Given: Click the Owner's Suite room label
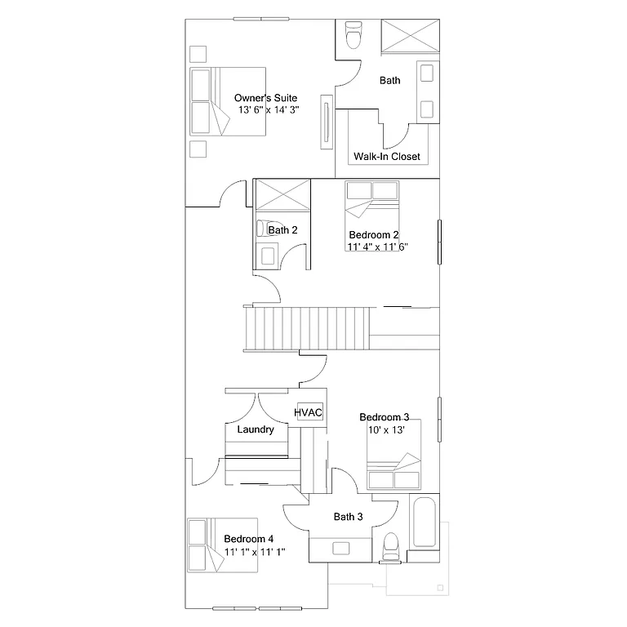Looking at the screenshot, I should (260, 98).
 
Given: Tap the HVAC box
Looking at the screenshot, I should (309, 412).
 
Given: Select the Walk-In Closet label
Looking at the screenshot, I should (387, 156).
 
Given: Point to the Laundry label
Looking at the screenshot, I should (255, 429).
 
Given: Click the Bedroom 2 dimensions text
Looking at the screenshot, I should (377, 246).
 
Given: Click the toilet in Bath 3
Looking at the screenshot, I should (391, 545).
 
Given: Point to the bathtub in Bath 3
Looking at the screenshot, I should (423, 522).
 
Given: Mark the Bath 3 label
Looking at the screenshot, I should (348, 517).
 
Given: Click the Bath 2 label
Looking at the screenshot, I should (283, 230).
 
